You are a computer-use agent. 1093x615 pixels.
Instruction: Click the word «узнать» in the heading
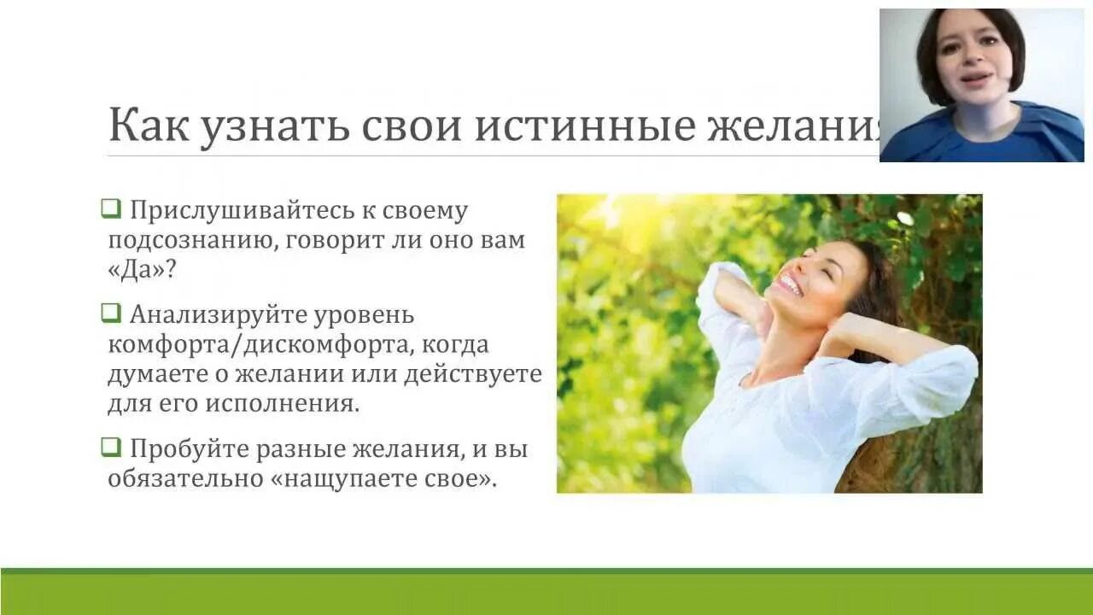[x=274, y=126]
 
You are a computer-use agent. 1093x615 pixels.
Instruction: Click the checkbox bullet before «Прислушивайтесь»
[x=111, y=208]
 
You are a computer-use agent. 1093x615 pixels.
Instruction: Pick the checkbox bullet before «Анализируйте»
[x=111, y=313]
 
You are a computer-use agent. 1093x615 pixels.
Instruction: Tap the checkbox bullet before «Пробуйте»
[x=111, y=446]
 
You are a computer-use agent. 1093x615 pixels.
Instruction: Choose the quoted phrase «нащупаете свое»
[x=383, y=478]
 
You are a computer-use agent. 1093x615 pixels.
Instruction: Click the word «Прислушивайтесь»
[x=241, y=210]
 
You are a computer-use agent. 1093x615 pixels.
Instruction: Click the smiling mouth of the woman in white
[x=790, y=285]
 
